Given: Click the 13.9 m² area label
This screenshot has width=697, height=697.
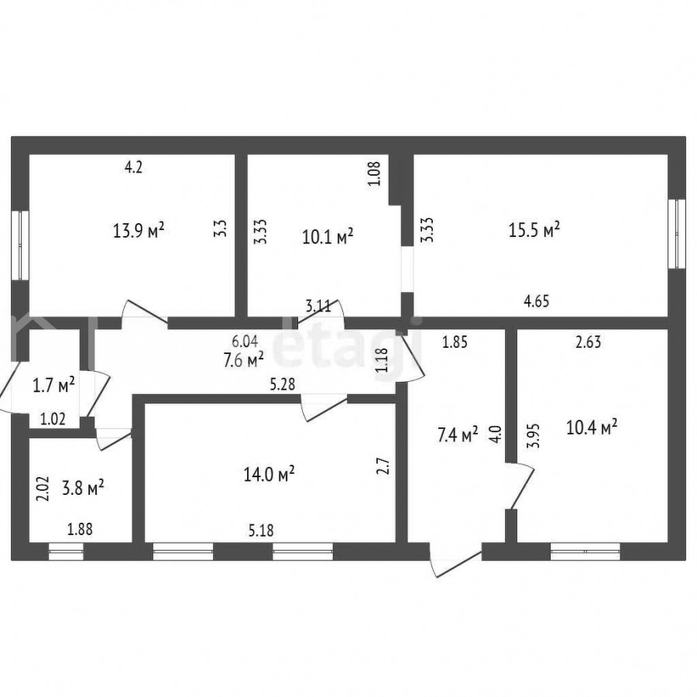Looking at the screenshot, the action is click(x=139, y=231).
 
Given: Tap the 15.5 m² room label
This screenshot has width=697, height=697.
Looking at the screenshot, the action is click(x=534, y=230).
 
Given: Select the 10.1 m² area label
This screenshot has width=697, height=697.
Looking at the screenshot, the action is click(x=328, y=236).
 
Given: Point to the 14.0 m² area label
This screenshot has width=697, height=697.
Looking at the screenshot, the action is click(x=270, y=474).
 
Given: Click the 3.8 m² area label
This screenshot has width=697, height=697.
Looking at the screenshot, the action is click(x=83, y=488).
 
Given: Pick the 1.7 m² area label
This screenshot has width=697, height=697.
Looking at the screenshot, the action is click(x=53, y=385).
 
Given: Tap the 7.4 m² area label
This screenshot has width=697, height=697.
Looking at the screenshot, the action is click(x=458, y=434).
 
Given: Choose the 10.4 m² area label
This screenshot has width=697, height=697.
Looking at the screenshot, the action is click(x=592, y=427).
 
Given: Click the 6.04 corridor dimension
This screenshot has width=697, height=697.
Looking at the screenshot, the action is click(x=245, y=341).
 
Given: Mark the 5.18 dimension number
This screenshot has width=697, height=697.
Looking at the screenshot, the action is click(x=261, y=530).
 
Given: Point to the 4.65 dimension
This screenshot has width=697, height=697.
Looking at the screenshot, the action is click(x=537, y=301).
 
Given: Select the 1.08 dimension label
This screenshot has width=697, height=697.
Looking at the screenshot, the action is click(x=375, y=173).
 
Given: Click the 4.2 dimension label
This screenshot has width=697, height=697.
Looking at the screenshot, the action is click(x=133, y=167).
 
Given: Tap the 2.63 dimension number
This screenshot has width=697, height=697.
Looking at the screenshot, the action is click(x=588, y=342).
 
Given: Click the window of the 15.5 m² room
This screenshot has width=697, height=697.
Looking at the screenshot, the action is click(x=677, y=234).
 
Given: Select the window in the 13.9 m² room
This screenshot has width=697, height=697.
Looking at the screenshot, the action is click(x=20, y=245).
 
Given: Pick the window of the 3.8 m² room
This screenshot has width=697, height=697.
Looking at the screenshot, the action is click(x=67, y=551).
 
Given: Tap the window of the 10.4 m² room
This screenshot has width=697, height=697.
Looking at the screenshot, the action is click(x=585, y=551).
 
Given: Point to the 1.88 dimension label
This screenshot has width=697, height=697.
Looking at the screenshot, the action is click(x=80, y=530).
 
